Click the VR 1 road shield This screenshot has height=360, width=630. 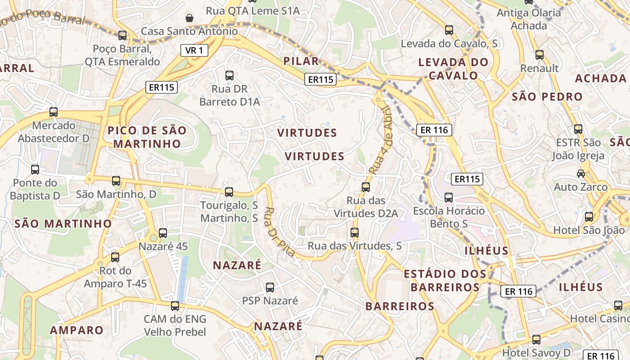click(194, 50)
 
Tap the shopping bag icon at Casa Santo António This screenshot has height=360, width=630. click(189, 18)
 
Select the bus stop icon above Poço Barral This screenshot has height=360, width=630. click(122, 36)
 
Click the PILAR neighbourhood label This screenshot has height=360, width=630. click(301, 61)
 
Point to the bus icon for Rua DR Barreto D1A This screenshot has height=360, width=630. click(229, 76)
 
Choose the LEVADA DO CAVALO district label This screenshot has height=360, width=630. click(453, 69)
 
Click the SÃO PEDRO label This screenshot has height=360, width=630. click(547, 96)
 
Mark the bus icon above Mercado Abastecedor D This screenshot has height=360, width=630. click(54, 112)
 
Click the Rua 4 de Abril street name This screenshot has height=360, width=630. click(382, 140)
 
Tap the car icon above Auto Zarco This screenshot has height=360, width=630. click(581, 174)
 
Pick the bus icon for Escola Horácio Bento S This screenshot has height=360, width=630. click(449, 198)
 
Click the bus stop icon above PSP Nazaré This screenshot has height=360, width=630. click(270, 287)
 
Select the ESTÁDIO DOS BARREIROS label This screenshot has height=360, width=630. click(445, 280)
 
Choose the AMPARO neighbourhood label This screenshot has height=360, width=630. click(76, 330)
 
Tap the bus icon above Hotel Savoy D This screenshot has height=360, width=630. click(536, 340)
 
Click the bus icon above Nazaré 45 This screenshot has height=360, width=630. click(163, 233)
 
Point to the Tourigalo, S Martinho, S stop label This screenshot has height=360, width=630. click(229, 211)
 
